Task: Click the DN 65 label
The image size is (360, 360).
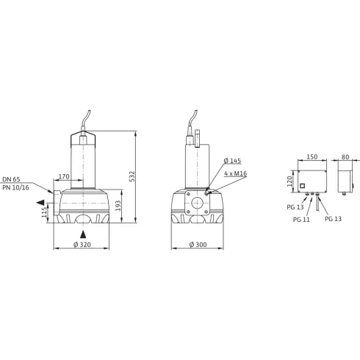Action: (x=12, y=179)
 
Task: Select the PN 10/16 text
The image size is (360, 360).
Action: (x=16, y=188)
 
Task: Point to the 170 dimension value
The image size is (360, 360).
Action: (x=65, y=176)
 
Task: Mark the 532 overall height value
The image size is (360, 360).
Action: (x=132, y=176)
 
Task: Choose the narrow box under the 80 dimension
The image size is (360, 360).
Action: (x=344, y=177)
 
